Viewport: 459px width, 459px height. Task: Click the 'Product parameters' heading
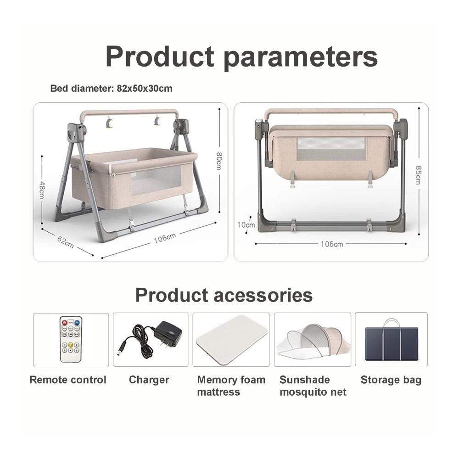point(241,57)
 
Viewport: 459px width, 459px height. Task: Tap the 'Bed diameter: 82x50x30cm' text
point(111,89)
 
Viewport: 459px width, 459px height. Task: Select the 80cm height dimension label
point(219,161)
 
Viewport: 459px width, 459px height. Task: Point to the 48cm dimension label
point(42,190)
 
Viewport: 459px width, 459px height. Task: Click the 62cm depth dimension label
point(65,242)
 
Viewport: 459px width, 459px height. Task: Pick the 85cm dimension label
point(419,175)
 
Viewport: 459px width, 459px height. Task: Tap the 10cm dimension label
point(246,225)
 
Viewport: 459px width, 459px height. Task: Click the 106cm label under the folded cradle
point(332,244)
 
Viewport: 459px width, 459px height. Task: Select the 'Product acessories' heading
point(224,295)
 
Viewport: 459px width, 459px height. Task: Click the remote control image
point(71,339)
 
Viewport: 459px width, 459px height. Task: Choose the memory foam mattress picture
point(232,340)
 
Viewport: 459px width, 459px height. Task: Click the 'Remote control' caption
point(68,380)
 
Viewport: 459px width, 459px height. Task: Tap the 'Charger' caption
point(149,380)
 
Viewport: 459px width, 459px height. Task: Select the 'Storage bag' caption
point(391,380)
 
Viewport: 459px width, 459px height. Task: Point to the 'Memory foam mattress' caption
point(231,386)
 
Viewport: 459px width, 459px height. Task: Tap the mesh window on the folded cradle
point(331,149)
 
